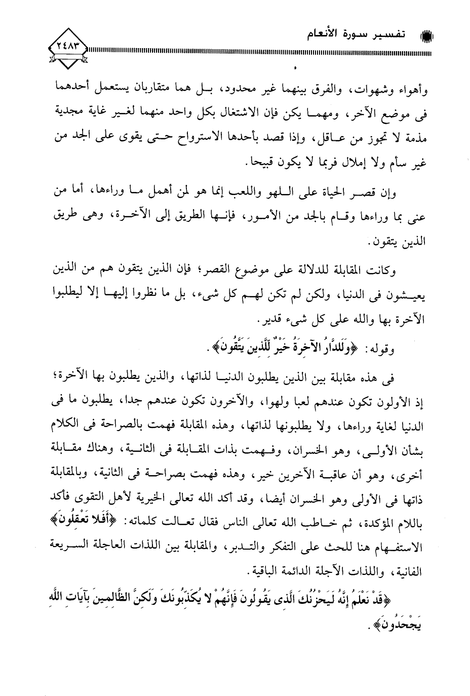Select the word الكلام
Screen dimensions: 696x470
coord(53,422)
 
